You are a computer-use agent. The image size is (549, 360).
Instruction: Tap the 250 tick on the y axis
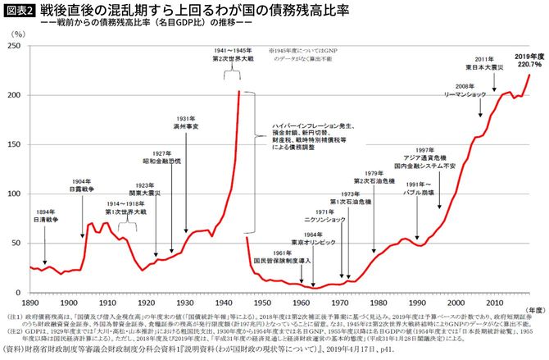(x=15, y=46)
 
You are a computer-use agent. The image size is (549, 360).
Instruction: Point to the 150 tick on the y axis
(x=15, y=145)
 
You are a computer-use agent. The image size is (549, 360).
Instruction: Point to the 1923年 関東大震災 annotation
(x=157, y=190)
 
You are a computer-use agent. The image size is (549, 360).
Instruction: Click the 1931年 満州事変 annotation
(x=186, y=123)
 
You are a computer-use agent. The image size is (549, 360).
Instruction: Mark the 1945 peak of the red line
(x=239, y=90)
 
